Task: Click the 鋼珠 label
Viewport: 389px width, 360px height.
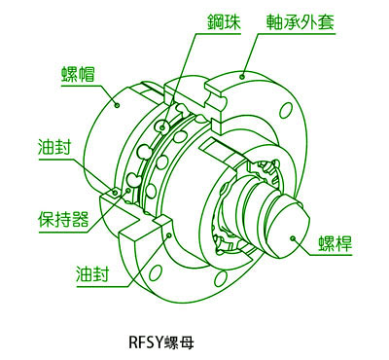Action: [224, 22]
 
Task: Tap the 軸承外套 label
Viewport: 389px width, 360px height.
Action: [301, 22]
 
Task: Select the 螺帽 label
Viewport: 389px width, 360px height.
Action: [78, 74]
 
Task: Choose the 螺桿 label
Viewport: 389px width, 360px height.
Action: [335, 243]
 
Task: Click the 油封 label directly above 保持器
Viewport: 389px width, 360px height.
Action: [54, 147]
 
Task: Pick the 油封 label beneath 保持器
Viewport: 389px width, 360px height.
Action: [92, 274]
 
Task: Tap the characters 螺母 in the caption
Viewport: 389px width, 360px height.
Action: [179, 342]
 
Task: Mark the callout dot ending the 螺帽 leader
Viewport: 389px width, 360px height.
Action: [118, 105]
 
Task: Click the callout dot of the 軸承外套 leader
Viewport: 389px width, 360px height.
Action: [242, 77]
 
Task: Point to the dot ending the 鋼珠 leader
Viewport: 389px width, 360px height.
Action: [162, 127]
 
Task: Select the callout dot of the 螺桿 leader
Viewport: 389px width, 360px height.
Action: [293, 238]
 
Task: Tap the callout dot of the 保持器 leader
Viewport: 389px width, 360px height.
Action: [128, 191]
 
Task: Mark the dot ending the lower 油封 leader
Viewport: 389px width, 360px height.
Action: [168, 234]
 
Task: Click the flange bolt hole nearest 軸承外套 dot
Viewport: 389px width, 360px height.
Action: [285, 110]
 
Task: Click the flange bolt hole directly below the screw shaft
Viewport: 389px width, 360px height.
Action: [221, 279]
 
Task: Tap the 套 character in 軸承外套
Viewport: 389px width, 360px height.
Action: [326, 22]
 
